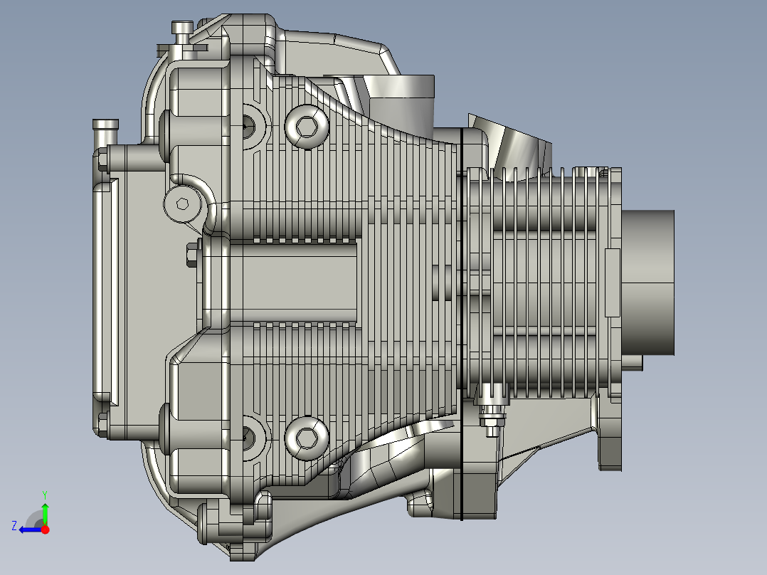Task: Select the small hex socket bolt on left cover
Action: tap(182, 204)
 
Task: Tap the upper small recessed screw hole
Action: tap(247, 126)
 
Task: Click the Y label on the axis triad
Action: tap(44, 493)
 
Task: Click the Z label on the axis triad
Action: tap(14, 526)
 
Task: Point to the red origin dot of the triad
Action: tap(45, 529)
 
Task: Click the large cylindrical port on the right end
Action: tap(648, 283)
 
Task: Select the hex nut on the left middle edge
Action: tap(191, 255)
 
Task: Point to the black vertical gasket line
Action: tap(462, 320)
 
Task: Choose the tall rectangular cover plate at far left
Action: tap(104, 288)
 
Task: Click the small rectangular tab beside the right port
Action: tap(611, 283)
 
